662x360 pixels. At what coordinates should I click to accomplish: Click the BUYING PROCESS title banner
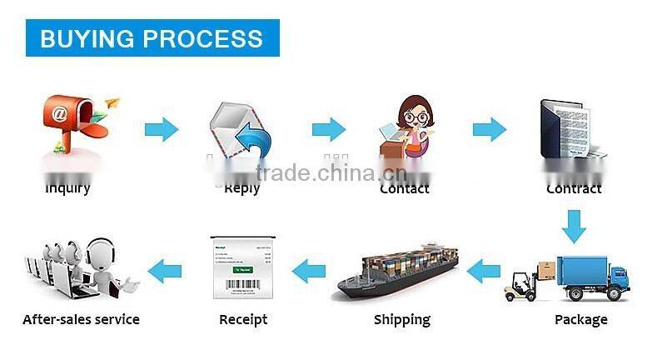[x=152, y=37]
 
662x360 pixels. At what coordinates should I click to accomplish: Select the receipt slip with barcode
[x=242, y=267]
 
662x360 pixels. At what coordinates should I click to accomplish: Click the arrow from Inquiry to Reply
[x=162, y=130]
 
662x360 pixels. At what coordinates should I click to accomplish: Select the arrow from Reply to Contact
[x=329, y=130]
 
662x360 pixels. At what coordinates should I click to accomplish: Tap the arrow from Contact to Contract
[x=490, y=130]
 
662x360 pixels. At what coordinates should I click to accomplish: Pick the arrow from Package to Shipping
[x=484, y=270]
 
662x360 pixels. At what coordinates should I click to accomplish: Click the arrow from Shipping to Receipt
[x=309, y=270]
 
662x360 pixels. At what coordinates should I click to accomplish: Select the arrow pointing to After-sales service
[x=165, y=269]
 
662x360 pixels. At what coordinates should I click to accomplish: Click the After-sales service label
[x=81, y=319]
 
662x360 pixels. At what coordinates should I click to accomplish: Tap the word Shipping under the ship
[x=401, y=319]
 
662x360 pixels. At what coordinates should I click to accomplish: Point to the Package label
[x=580, y=319]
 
